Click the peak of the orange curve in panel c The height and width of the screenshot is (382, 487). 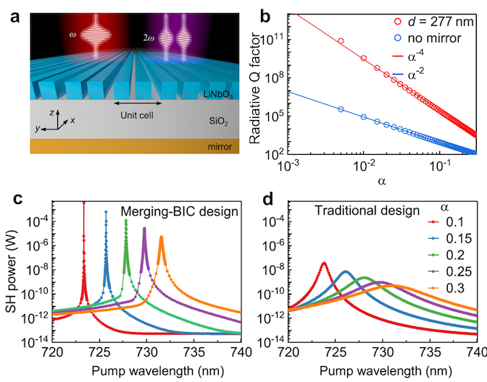pyautogui.click(x=161, y=237)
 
